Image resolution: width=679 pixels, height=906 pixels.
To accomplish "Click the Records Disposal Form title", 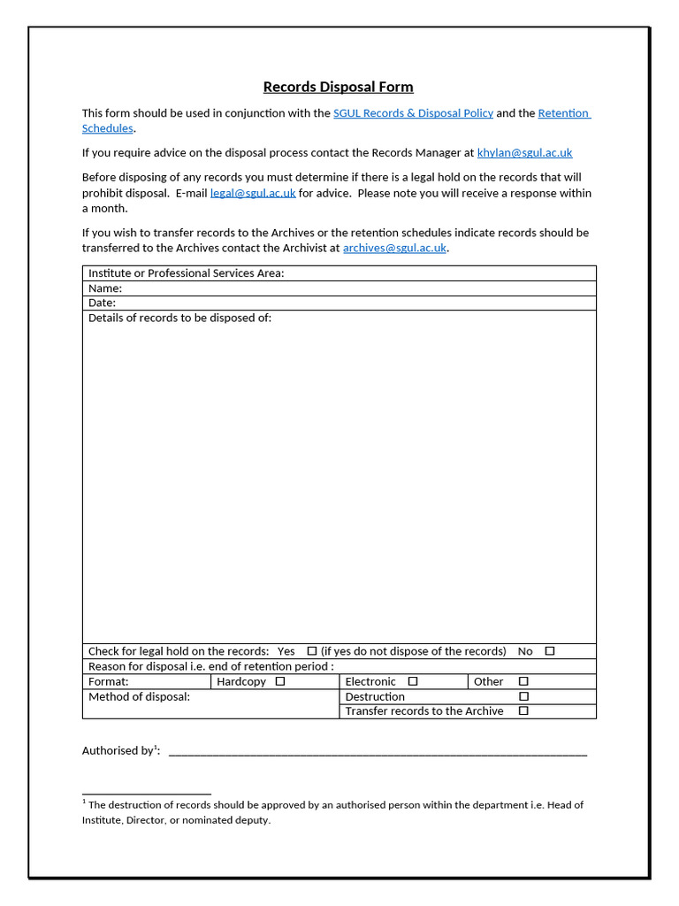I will (x=338, y=87).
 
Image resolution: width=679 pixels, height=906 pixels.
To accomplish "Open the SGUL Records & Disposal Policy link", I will (x=413, y=113).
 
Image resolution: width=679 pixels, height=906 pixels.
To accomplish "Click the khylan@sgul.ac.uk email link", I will (x=524, y=153).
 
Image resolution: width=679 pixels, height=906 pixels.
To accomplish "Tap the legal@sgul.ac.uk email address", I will (x=253, y=193).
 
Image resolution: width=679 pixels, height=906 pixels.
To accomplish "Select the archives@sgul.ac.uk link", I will (x=394, y=249).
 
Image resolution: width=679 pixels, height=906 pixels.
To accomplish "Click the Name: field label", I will (x=105, y=288).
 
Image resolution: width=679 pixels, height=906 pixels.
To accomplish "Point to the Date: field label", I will (x=102, y=303).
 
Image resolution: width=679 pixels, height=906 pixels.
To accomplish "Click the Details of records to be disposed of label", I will (x=179, y=318).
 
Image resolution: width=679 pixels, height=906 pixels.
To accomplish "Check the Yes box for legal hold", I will (x=311, y=651).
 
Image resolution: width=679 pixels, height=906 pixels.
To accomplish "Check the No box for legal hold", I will (x=549, y=651).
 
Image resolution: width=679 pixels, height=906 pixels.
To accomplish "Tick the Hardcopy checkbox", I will (x=279, y=681).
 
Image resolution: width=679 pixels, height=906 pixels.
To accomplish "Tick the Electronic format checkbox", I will (x=412, y=681).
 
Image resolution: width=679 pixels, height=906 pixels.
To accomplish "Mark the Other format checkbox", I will (x=523, y=681).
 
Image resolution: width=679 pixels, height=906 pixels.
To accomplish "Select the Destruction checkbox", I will (x=523, y=696).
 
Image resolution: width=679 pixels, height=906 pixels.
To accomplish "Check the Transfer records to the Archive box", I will (x=523, y=710).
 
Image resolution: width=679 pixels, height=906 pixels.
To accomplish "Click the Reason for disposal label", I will (x=210, y=666).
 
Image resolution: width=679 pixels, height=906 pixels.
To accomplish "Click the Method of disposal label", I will (x=139, y=696).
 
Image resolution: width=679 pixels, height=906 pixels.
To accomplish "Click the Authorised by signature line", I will (x=378, y=752).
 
